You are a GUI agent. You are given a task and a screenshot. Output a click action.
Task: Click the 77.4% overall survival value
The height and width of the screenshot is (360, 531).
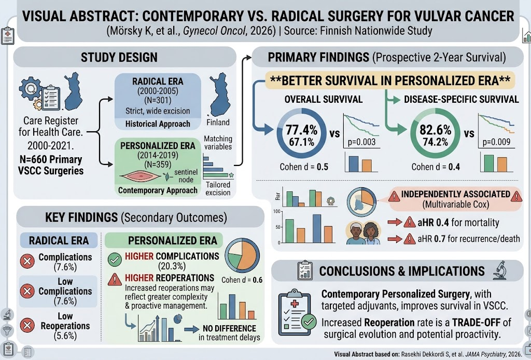[x=301, y=130]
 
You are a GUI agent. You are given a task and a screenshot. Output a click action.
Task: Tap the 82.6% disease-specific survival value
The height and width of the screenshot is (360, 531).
[x=436, y=130]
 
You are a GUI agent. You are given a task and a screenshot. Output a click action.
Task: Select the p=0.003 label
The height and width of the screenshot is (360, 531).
[x=361, y=142]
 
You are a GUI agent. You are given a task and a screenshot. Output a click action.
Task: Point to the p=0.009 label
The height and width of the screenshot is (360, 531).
[x=496, y=142]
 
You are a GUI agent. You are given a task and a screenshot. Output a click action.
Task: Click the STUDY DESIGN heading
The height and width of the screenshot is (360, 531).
[x=119, y=57]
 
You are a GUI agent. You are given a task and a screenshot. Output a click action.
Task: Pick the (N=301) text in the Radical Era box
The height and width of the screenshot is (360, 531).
[x=158, y=101]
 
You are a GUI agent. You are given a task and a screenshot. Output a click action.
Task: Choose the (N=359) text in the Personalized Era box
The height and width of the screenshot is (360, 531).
[x=158, y=164]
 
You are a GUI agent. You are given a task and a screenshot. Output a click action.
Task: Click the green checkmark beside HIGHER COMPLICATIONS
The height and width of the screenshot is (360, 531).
[x=115, y=260]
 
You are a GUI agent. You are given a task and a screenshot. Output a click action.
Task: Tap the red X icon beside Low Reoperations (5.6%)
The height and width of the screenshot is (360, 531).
[x=27, y=325]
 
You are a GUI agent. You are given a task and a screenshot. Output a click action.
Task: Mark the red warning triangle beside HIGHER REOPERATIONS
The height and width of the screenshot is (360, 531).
[x=115, y=280]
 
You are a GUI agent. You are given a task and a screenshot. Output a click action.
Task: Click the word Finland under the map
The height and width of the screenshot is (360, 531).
[x=218, y=122]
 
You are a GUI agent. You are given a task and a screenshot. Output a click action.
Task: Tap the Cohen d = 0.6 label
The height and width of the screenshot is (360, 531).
[x=242, y=280]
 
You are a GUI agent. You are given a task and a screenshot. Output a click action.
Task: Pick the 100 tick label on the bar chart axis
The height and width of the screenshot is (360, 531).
[x=277, y=212]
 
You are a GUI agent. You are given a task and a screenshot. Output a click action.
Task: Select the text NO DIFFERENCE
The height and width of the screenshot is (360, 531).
[x=229, y=328]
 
